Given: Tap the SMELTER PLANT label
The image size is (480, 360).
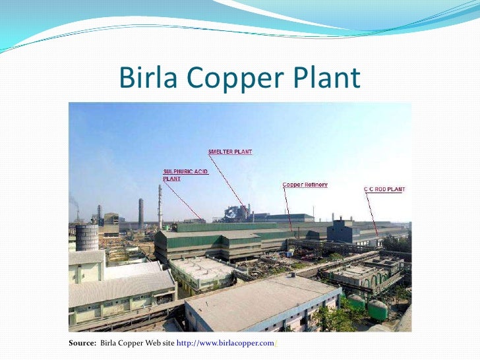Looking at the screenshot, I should coord(230,152).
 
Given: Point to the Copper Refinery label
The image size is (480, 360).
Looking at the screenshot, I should coord(305,185).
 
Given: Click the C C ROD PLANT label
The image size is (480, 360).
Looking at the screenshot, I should coord(384,189).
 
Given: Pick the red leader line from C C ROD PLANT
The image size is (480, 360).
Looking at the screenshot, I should coord(373,214).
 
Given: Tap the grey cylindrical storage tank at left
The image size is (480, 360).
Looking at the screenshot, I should coord(86,237).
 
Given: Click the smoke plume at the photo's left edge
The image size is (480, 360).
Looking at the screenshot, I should coord(73,202).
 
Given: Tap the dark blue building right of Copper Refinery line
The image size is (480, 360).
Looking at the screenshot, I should coord(341,231).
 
